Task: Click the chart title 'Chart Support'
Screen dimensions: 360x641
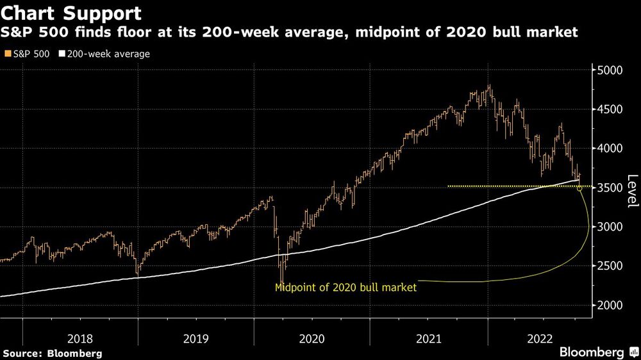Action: coord(71,13)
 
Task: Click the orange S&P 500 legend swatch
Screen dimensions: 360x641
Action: coord(7,54)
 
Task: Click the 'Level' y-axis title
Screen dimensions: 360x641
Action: coord(632,191)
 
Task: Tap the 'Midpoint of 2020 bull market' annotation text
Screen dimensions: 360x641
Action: coord(345,288)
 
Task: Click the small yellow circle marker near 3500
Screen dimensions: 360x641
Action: coord(580,188)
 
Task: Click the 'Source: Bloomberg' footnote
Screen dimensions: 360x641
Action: coord(53,353)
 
